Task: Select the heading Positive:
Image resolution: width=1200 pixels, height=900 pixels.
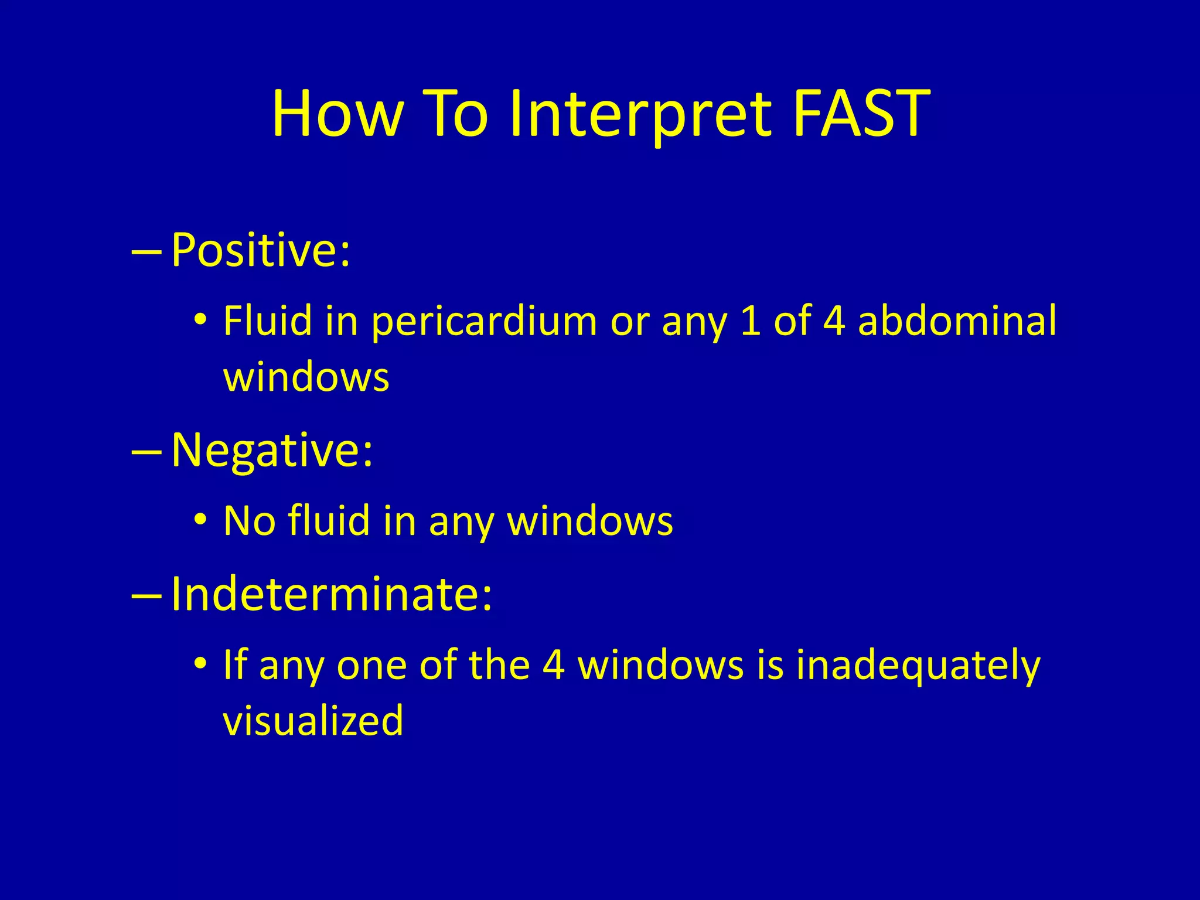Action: click(261, 250)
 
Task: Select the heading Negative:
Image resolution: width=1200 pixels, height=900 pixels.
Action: click(272, 450)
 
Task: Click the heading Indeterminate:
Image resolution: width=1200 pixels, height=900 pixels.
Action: click(332, 594)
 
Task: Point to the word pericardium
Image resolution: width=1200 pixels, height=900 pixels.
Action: click(484, 322)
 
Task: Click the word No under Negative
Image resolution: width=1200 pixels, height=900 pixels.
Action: click(250, 520)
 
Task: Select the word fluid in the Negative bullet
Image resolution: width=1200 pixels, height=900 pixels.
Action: click(329, 520)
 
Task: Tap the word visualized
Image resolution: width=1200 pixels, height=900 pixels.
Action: click(313, 720)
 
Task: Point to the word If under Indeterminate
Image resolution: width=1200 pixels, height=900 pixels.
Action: click(235, 665)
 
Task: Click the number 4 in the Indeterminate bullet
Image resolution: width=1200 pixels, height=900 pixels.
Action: click(554, 665)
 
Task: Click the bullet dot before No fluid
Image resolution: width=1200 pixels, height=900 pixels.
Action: click(200, 519)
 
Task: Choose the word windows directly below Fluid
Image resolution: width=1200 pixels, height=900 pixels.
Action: click(306, 377)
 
